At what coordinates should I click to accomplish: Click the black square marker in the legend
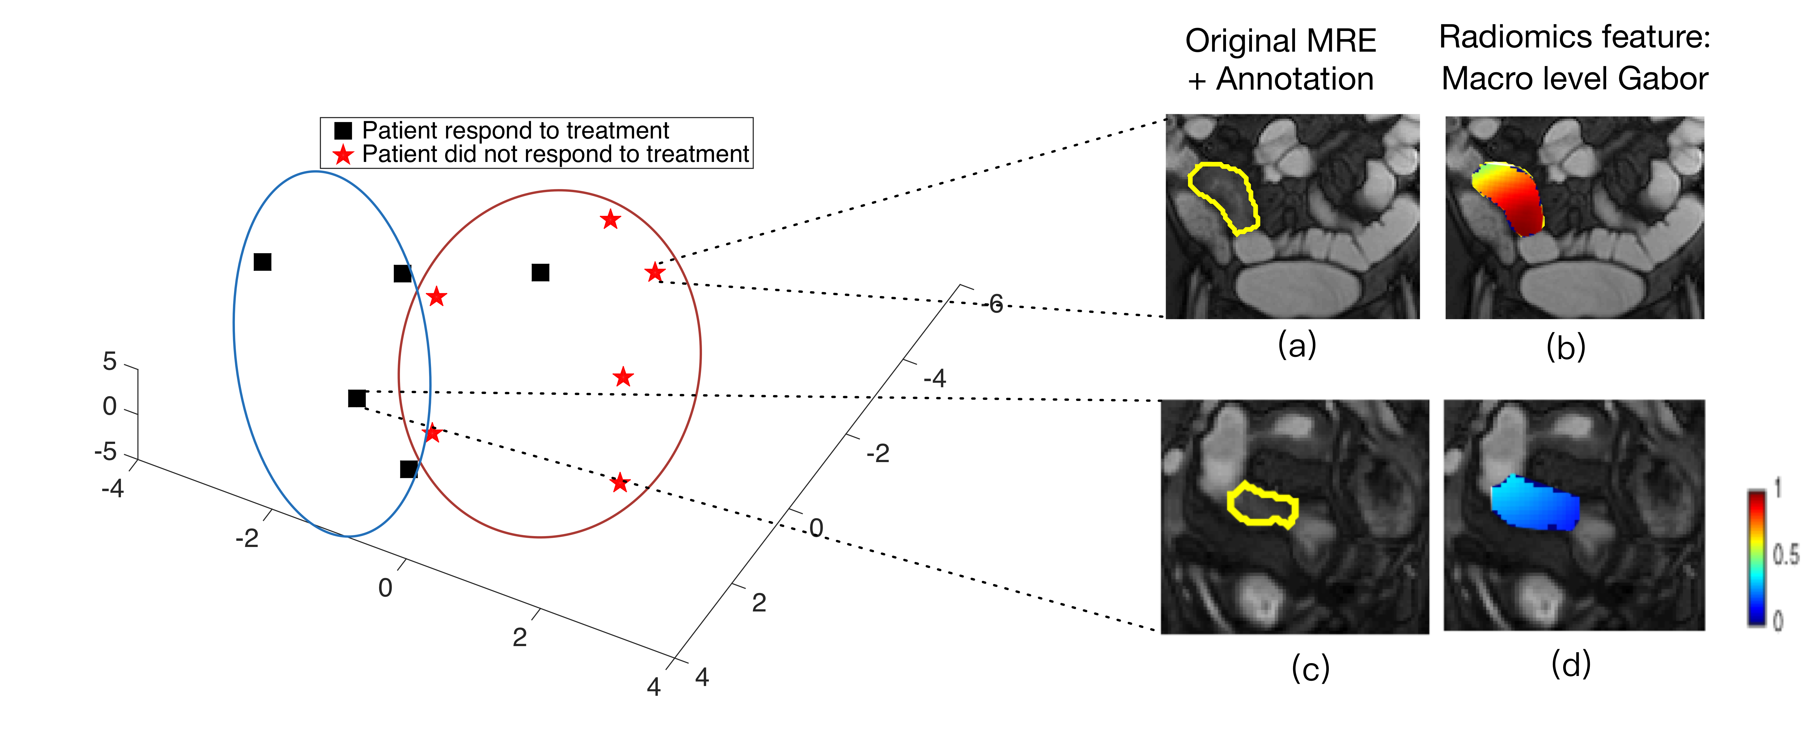click(x=343, y=130)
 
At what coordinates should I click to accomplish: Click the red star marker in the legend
click(x=343, y=154)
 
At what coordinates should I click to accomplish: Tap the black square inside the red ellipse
click(x=540, y=272)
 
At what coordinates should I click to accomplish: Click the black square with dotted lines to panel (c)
click(x=357, y=398)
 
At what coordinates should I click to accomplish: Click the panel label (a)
click(x=1296, y=345)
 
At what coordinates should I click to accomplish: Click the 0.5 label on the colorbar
click(x=1785, y=555)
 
